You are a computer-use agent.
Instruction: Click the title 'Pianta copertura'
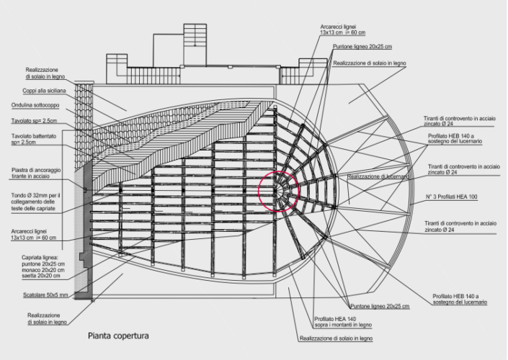pos(118,336)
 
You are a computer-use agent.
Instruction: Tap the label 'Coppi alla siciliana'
pos(44,91)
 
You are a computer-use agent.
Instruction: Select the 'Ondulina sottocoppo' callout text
pos(35,105)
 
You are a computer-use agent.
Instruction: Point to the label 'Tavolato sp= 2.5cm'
pos(34,121)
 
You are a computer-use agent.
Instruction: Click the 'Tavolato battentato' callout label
pos(34,139)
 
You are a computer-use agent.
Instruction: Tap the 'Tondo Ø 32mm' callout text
pos(35,202)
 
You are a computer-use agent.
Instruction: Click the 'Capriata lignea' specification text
pos(43,266)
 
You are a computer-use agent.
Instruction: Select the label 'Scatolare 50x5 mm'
pos(45,295)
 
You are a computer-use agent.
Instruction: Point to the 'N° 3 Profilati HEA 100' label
pos(451,197)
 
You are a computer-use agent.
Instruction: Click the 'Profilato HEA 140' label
pos(343,322)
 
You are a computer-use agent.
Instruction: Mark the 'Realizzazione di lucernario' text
pos(378,176)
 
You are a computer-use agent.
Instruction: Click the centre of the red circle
pos(278,192)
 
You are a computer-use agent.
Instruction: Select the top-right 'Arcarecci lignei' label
pos(343,30)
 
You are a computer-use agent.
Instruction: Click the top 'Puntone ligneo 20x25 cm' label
pos(362,47)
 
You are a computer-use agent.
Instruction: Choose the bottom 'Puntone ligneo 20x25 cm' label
pos(380,306)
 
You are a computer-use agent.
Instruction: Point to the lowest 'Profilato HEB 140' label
pos(460,299)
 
